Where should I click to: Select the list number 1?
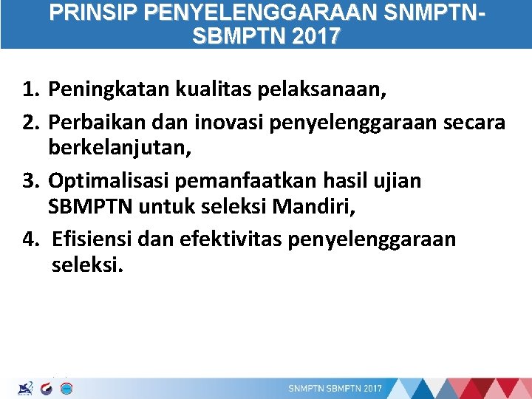pyautogui.click(x=30, y=91)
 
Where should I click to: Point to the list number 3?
pyautogui.click(x=30, y=180)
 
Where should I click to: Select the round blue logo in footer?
pyautogui.click(x=64, y=388)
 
